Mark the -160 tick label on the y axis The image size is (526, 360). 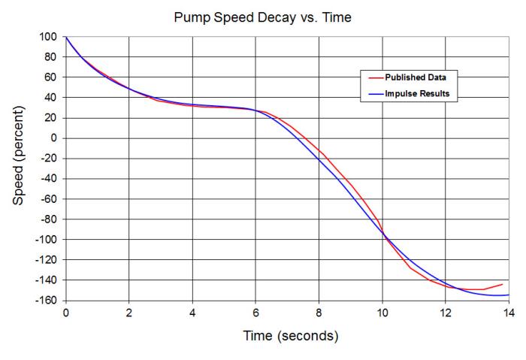pyautogui.click(x=48, y=300)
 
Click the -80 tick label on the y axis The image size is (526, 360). pyautogui.click(x=50, y=219)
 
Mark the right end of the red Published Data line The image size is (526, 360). pyautogui.click(x=502, y=284)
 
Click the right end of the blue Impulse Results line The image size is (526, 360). pyautogui.click(x=509, y=295)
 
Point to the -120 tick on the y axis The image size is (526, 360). pyautogui.click(x=47, y=259)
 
